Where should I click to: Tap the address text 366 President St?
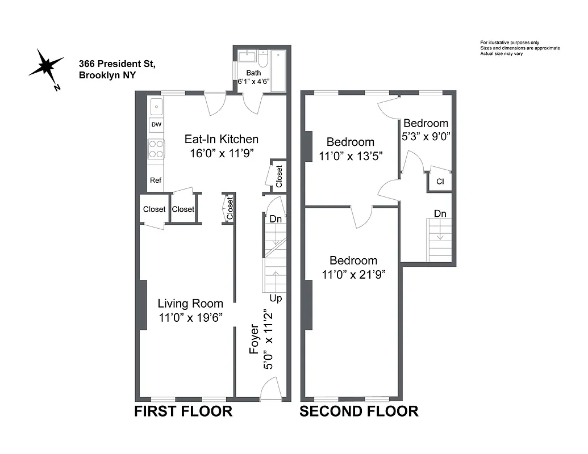117,64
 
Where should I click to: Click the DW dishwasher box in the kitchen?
156,124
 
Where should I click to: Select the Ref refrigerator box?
156,180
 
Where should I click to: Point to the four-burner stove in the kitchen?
156,148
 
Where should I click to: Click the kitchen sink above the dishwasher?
156,107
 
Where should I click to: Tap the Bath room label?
253,73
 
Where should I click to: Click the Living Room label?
190,304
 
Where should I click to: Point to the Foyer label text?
255,339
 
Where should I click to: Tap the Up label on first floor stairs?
276,299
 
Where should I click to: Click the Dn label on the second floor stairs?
440,213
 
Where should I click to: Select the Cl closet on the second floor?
440,182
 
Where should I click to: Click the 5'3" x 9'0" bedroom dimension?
426,136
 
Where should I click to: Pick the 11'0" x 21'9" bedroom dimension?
353,275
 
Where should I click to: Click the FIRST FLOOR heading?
183,411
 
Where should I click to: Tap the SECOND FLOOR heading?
359,411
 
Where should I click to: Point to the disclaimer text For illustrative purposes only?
510,43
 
